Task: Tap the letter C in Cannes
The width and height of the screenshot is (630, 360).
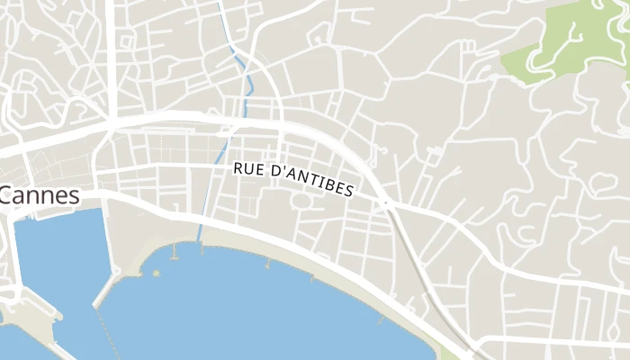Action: [7, 195]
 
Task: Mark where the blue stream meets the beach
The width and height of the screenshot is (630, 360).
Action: [199, 241]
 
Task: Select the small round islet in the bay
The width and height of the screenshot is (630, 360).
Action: [156, 272]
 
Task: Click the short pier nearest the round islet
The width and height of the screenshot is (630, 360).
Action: [172, 253]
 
